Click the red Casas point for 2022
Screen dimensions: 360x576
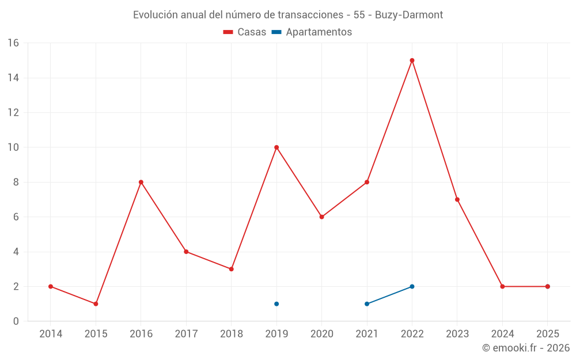pos(412,60)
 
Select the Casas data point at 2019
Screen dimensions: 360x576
pos(276,147)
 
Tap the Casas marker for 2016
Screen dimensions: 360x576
pos(141,182)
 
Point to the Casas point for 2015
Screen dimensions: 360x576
pos(96,304)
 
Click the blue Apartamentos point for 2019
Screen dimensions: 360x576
pos(276,304)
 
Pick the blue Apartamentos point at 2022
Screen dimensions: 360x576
pos(412,286)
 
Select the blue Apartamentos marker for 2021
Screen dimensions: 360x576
pos(367,304)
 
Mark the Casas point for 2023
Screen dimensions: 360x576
pos(457,199)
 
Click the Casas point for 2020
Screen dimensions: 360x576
pos(321,217)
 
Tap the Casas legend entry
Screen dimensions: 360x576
pos(245,32)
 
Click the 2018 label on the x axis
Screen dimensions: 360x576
pos(231,334)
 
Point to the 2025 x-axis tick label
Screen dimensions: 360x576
pos(547,334)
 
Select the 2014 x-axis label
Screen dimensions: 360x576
pos(51,334)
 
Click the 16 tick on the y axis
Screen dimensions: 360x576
pos(13,43)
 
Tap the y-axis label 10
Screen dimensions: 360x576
pos(13,147)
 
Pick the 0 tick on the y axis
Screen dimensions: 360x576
pos(16,321)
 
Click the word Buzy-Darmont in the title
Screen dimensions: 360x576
pos(409,15)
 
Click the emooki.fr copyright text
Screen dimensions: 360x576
pos(526,348)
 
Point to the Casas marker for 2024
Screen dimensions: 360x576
pos(502,286)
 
